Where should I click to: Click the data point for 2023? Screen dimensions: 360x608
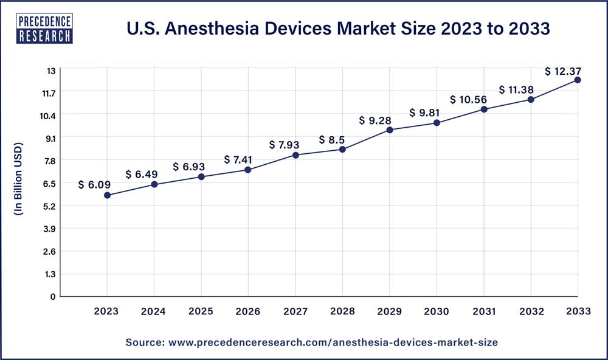pyautogui.click(x=107, y=195)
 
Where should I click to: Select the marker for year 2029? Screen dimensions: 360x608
pyautogui.click(x=390, y=130)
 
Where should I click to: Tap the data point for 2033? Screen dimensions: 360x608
pyautogui.click(x=578, y=80)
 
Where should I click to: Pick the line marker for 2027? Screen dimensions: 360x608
pyautogui.click(x=295, y=155)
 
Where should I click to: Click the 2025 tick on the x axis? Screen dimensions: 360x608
pyautogui.click(x=201, y=311)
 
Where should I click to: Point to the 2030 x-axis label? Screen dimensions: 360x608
pyautogui.click(x=437, y=311)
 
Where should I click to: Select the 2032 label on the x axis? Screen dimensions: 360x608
pyautogui.click(x=531, y=311)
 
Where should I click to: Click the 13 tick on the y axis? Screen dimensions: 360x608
pyautogui.click(x=50, y=71)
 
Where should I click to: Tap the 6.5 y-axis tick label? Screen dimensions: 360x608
pyautogui.click(x=49, y=183)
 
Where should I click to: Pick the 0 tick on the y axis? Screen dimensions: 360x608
pyautogui.click(x=53, y=296)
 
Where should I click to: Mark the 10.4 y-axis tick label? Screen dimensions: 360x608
pyautogui.click(x=47, y=116)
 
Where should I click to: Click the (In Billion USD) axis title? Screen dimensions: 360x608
pyautogui.click(x=18, y=179)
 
